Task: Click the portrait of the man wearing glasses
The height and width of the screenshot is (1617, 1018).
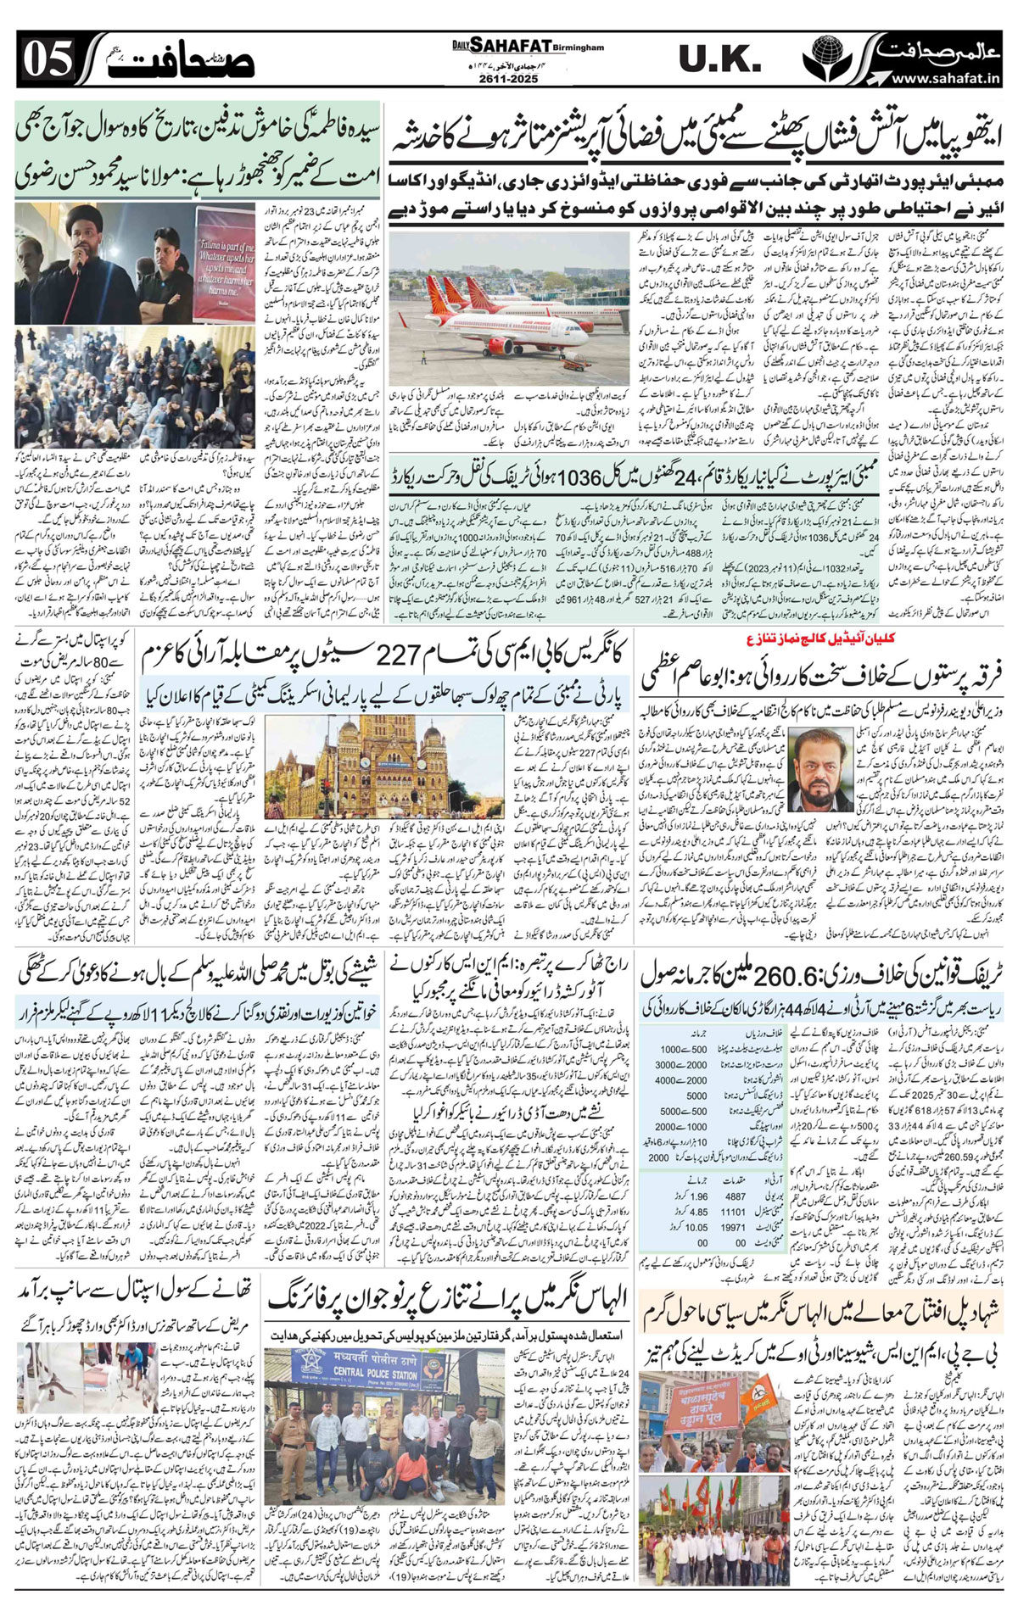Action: [x=824, y=769]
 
